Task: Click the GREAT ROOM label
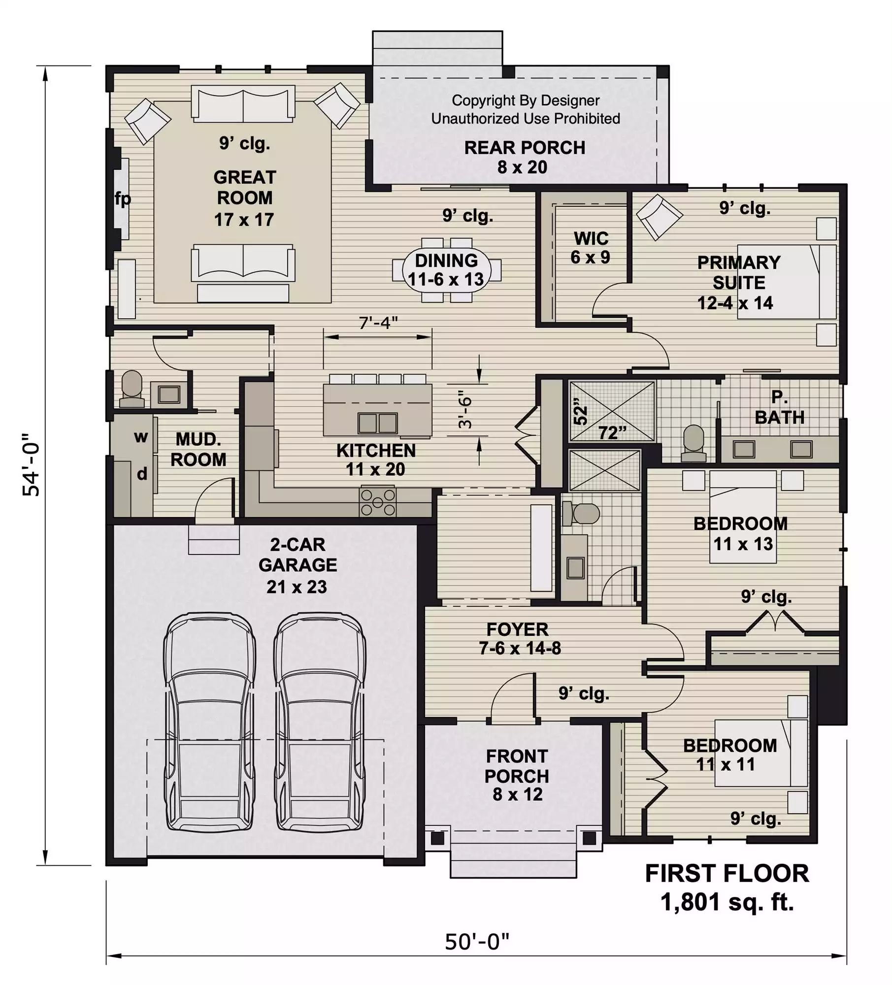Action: pyautogui.click(x=244, y=198)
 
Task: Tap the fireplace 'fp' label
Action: pyautogui.click(x=123, y=199)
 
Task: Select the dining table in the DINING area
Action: pyautogui.click(x=447, y=270)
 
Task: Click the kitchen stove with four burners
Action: pyautogui.click(x=378, y=502)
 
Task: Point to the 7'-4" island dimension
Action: pyautogui.click(x=378, y=323)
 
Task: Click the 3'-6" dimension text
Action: pyautogui.click(x=465, y=409)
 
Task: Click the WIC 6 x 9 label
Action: pyautogui.click(x=591, y=248)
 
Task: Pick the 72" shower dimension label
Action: pyautogui.click(x=612, y=433)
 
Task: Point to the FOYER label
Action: pyautogui.click(x=517, y=630)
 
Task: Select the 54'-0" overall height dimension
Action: pyautogui.click(x=32, y=464)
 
